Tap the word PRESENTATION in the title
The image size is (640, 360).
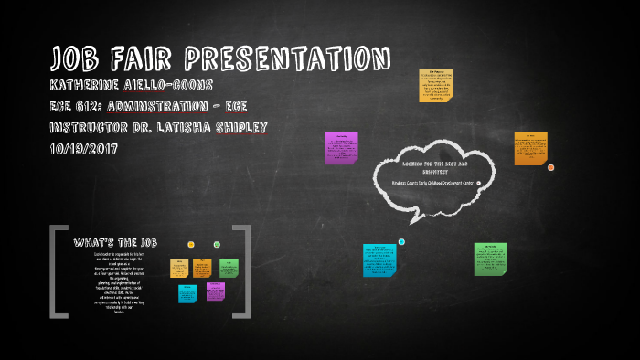click(288, 58)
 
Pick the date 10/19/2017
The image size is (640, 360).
click(87, 148)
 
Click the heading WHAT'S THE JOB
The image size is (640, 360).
click(115, 242)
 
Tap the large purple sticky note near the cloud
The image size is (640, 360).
click(341, 148)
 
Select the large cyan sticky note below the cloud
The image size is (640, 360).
click(379, 259)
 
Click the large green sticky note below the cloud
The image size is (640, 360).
click(490, 259)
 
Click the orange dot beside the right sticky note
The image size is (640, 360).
click(550, 167)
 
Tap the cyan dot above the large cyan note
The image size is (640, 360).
click(401, 242)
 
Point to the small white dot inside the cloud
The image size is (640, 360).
click(478, 183)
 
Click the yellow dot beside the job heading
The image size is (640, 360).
click(191, 244)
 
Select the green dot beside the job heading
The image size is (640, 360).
click(217, 244)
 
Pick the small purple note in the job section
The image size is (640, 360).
click(215, 291)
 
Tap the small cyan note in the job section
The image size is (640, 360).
click(187, 293)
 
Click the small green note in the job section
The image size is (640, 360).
click(229, 268)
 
